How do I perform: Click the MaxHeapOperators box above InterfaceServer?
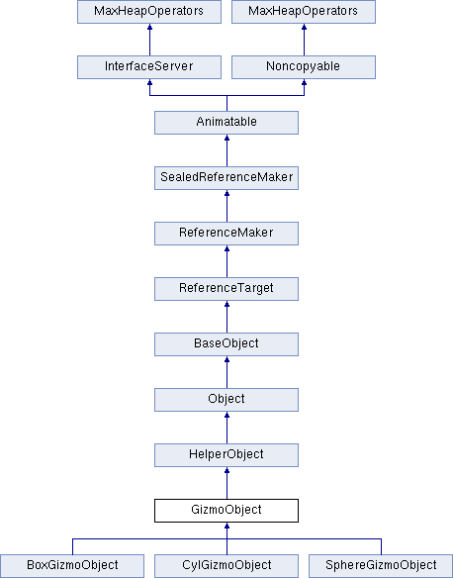pyautogui.click(x=149, y=12)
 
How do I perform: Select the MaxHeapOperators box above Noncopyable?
pyautogui.click(x=304, y=12)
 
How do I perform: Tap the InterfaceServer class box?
pyautogui.click(x=149, y=67)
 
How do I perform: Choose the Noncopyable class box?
pyautogui.click(x=304, y=67)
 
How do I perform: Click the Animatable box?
pyautogui.click(x=226, y=123)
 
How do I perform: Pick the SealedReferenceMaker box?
pyautogui.click(x=226, y=178)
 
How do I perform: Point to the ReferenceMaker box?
pyautogui.click(x=226, y=234)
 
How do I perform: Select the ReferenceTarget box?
pyautogui.click(x=226, y=289)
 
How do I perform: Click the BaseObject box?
pyautogui.click(x=226, y=344)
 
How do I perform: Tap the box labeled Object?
pyautogui.click(x=226, y=400)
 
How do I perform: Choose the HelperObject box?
pyautogui.click(x=226, y=455)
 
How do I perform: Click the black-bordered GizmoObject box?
pyautogui.click(x=226, y=511)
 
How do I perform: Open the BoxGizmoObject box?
pyautogui.click(x=72, y=566)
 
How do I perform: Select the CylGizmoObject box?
pyautogui.click(x=226, y=566)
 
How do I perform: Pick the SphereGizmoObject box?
pyautogui.click(x=381, y=566)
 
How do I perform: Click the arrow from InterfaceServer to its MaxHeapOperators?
pyautogui.click(x=149, y=40)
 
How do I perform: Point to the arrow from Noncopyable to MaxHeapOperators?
pyautogui.click(x=304, y=40)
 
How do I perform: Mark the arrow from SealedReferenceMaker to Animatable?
pyautogui.click(x=226, y=150)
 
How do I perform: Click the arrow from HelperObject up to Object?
pyautogui.click(x=226, y=428)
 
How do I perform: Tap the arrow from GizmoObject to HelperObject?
pyautogui.click(x=226, y=483)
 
